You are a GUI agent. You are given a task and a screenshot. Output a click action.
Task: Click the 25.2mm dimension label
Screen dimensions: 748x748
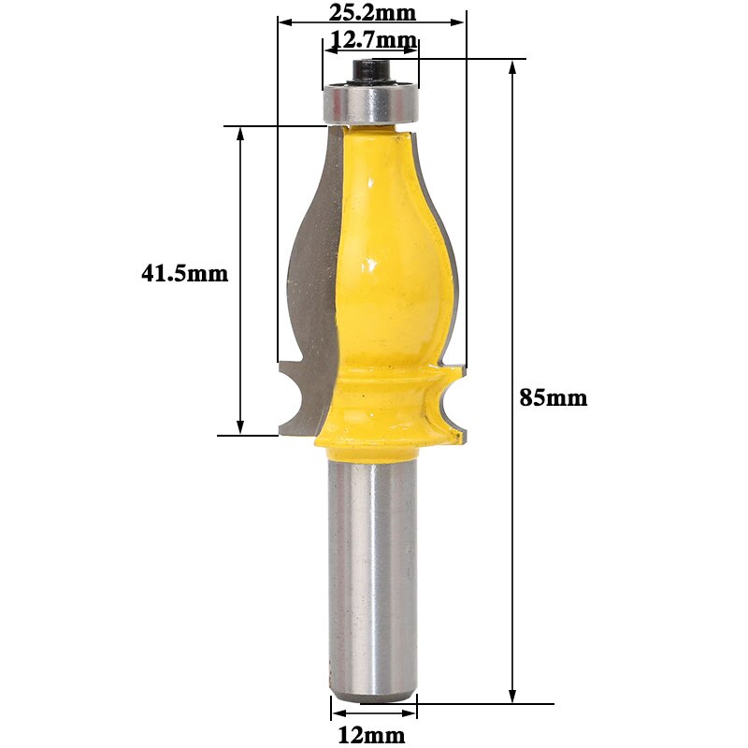point(372,12)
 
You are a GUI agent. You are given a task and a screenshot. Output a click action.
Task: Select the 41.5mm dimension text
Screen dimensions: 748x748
point(184,274)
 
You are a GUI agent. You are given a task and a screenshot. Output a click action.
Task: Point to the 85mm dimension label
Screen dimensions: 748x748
point(554,397)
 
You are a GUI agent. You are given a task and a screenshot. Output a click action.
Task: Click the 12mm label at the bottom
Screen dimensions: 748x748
point(372,735)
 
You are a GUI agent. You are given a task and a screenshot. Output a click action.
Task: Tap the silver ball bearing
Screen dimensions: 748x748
point(370,103)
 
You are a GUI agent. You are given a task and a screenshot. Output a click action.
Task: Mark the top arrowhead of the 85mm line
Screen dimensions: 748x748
point(512,68)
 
